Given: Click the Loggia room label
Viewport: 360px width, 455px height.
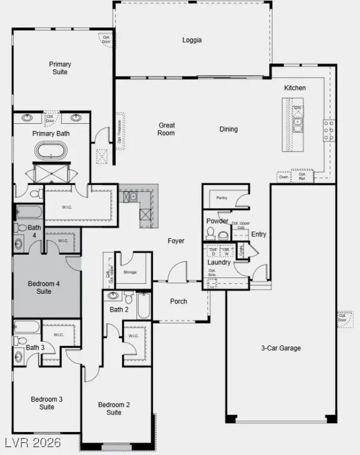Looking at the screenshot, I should pos(192,40).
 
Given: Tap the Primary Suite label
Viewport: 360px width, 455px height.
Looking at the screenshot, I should pos(60,68).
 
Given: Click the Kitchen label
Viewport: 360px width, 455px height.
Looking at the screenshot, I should pos(295,88).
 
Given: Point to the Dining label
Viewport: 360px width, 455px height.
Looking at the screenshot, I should pos(228,129).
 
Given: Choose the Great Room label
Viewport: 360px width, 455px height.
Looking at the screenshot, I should pos(166,129).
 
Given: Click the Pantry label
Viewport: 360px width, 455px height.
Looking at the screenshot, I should pos(222,198).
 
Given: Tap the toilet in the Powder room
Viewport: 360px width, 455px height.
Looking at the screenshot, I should pos(224,235).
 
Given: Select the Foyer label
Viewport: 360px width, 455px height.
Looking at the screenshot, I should pos(176,241).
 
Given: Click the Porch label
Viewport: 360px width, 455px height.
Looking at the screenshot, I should pos(179,302).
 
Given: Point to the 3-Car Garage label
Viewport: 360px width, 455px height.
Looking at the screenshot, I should pos(281,348).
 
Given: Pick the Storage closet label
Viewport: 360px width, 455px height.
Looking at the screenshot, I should pos(130,272).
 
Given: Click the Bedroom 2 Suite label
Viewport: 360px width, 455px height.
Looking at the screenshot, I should pos(114,408).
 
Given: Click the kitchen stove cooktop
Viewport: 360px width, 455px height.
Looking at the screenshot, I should pos(329,130).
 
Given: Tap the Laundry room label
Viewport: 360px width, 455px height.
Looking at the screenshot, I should pos(219,262).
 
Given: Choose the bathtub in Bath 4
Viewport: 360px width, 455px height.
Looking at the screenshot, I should pos(28,212).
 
